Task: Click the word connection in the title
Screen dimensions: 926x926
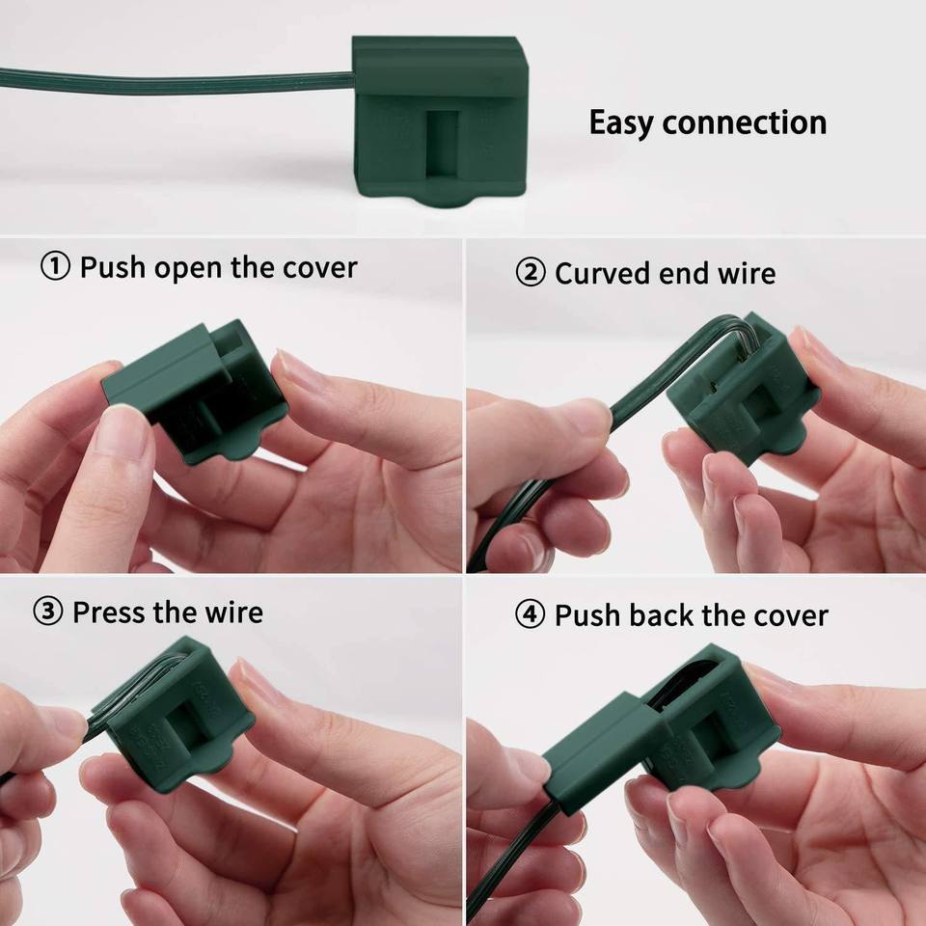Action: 744,123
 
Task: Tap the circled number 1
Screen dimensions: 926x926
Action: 56,267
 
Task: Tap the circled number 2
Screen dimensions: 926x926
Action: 531,273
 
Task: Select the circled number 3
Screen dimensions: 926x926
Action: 48,612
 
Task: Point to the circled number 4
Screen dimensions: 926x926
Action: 530,614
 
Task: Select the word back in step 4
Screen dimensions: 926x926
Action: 663,614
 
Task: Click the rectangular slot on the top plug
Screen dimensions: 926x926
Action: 442,144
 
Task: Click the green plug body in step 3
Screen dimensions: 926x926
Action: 177,714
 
